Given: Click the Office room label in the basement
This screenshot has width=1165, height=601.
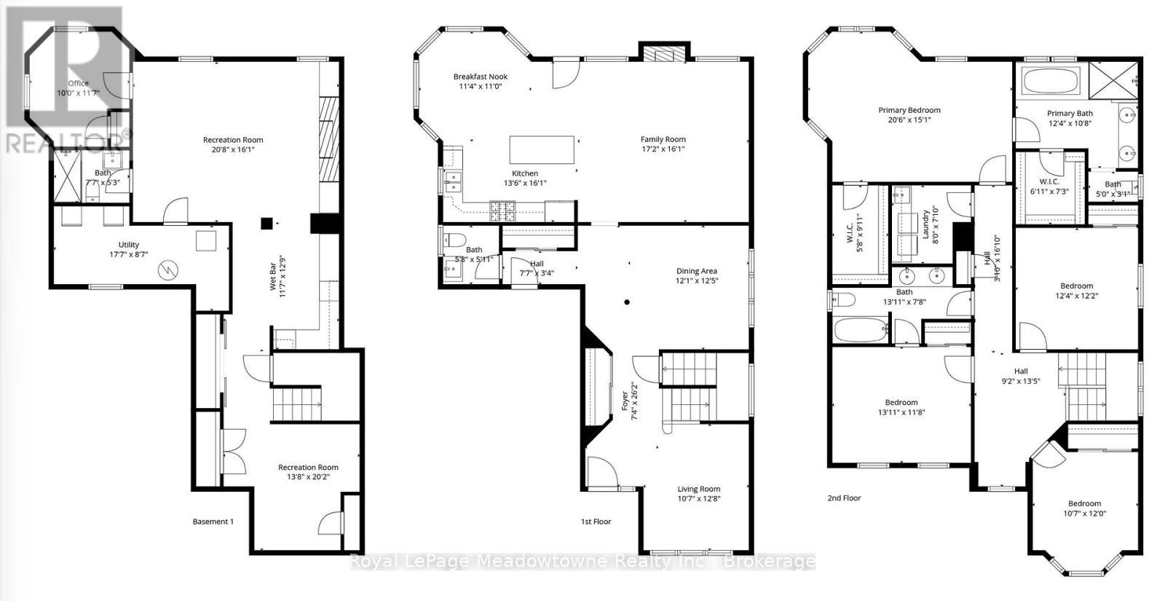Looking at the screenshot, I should click(x=78, y=83).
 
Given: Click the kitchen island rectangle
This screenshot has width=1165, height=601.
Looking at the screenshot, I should click(x=542, y=149).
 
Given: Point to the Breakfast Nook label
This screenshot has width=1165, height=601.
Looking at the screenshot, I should click(x=480, y=76).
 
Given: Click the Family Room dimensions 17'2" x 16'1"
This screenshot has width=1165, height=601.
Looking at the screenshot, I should click(x=663, y=149).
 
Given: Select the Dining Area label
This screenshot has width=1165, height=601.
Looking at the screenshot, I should click(x=697, y=271).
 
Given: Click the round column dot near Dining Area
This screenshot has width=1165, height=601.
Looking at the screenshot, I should click(x=626, y=302).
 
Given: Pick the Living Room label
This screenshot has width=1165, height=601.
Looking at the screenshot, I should click(x=698, y=489).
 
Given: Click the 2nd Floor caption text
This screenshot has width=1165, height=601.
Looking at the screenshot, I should click(x=844, y=498).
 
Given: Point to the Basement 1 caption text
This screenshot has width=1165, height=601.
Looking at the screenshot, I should click(x=213, y=522).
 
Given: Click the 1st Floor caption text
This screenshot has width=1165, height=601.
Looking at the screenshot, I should click(x=596, y=522).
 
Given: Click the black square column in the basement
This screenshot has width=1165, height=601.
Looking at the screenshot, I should click(x=268, y=224).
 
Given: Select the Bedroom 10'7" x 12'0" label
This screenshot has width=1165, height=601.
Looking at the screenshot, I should click(x=1084, y=503).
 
